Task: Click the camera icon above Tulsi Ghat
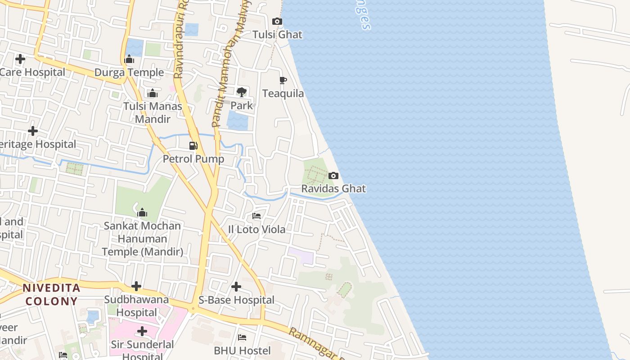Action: (x=277, y=22)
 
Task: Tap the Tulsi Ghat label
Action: (x=277, y=35)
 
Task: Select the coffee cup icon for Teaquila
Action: (x=283, y=81)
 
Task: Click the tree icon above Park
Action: (x=242, y=92)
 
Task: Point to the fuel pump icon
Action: (x=193, y=146)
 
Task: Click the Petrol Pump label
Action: (x=193, y=159)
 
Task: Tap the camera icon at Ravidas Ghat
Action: (x=333, y=175)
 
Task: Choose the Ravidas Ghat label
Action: (x=333, y=189)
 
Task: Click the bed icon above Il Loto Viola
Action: (x=256, y=216)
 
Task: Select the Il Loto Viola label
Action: (x=256, y=229)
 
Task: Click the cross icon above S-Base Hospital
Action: (x=236, y=287)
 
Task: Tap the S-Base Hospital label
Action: (x=236, y=300)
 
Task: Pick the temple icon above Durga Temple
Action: (x=129, y=59)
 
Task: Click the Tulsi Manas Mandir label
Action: (x=153, y=112)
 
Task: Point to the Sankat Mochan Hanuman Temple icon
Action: (x=142, y=212)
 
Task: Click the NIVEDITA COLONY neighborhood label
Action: (x=52, y=294)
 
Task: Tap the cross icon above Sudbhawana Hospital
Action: (x=136, y=286)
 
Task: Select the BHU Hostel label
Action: (x=242, y=351)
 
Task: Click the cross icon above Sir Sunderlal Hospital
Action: (x=142, y=332)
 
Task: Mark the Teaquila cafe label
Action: (x=283, y=94)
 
